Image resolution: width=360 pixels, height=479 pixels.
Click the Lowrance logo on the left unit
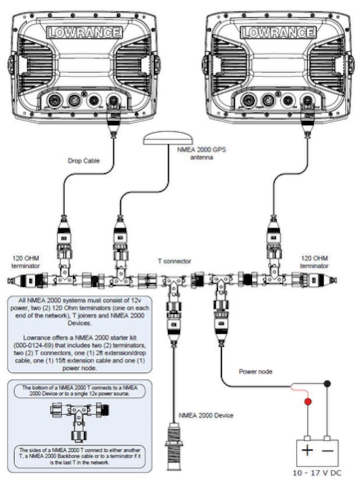pos(84,33)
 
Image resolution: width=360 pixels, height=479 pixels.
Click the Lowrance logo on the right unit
pos(278,33)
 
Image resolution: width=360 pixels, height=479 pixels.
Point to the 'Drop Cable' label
pos(84,161)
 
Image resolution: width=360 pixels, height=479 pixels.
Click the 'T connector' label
pos(174,261)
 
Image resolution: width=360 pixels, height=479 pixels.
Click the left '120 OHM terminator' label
pos(24,261)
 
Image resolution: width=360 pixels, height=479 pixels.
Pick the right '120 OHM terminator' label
pos(315,261)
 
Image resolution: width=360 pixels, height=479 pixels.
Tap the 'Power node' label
pos(255,371)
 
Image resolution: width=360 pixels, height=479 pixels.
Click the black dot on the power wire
pos(327,384)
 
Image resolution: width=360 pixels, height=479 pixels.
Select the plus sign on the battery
pos(307,450)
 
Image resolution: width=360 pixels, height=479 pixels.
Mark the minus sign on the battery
pos(328,450)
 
